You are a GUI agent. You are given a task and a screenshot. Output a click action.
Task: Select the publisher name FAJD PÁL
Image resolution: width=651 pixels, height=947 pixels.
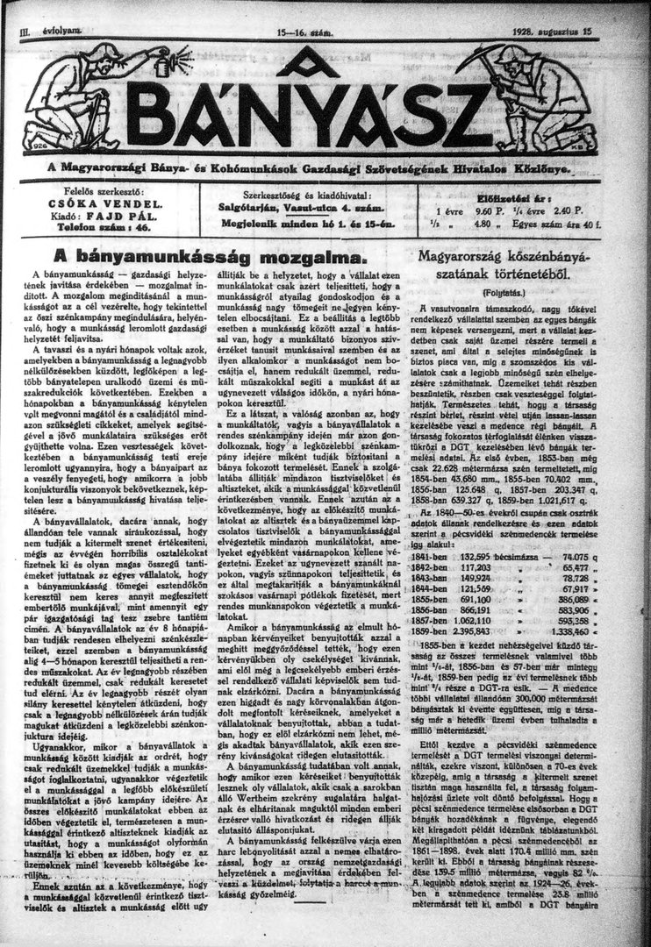pos(120,213)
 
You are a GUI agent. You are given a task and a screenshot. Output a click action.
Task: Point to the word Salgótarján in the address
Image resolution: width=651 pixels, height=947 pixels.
pos(249,207)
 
